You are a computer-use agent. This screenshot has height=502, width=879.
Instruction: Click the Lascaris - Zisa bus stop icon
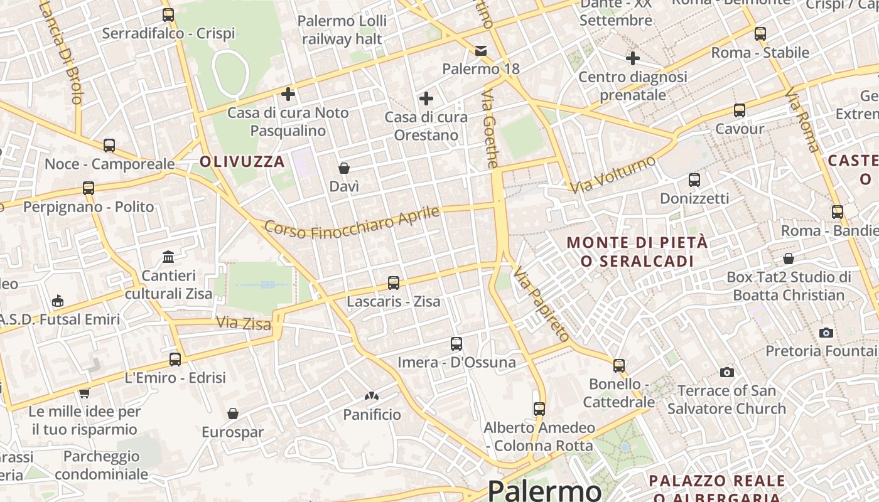pos(394,283)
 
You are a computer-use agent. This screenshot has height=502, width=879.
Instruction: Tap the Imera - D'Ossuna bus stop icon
pos(456,344)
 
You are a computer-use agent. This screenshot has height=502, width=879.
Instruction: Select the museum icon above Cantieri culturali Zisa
pos(168,257)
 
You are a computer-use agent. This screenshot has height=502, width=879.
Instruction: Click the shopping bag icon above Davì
pos(344,168)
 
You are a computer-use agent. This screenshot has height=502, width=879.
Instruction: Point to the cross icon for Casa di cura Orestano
pos(426,99)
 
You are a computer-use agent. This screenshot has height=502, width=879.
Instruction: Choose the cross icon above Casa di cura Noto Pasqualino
pos(288,94)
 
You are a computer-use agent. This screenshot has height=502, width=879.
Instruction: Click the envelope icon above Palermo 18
pos(481,50)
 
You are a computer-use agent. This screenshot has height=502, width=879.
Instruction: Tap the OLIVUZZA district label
pos(242,162)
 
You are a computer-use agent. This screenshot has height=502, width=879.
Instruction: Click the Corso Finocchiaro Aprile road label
pos(352,222)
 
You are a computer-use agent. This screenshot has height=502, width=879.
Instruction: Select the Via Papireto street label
pos(541,304)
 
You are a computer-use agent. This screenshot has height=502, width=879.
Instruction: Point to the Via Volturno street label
pos(613,174)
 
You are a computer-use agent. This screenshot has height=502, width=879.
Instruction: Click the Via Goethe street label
pos(490,129)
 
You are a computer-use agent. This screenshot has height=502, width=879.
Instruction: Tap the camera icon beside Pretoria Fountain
pos(826,333)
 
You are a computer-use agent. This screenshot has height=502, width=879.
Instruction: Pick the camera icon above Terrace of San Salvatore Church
pos(727,373)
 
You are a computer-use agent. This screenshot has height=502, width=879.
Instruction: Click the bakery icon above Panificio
pos(372,397)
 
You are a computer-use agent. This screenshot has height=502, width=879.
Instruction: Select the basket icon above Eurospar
pos(233,414)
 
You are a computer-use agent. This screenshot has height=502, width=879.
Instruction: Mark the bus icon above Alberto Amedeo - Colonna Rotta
pos(539,409)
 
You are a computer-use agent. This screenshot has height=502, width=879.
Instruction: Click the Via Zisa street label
pos(244,324)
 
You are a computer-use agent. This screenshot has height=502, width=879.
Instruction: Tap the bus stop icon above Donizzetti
pos(694,180)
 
